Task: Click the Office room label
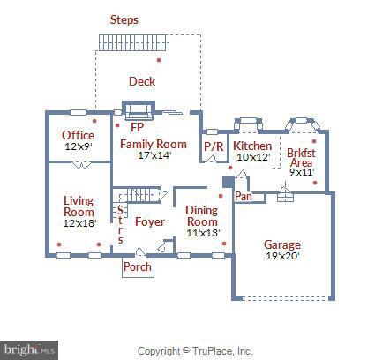[x=79, y=135]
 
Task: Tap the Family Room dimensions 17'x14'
[x=154, y=155]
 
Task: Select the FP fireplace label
[x=137, y=127]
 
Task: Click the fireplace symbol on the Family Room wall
[x=139, y=110]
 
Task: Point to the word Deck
[x=142, y=81]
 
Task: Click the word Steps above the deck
[x=124, y=19]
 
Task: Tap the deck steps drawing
[x=133, y=43]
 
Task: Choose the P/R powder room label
[x=214, y=146]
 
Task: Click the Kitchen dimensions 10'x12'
[x=253, y=157]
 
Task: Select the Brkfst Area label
[x=301, y=158]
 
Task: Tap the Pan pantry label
[x=244, y=196]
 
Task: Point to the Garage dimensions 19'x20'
[x=282, y=256]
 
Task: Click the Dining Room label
[x=202, y=216]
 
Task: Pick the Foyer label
[x=150, y=221]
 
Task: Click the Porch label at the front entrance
[x=138, y=266]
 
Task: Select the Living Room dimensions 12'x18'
[x=80, y=223]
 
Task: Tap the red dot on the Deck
[x=159, y=60]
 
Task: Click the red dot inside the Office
[x=94, y=121]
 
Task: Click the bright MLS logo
[x=29, y=350]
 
